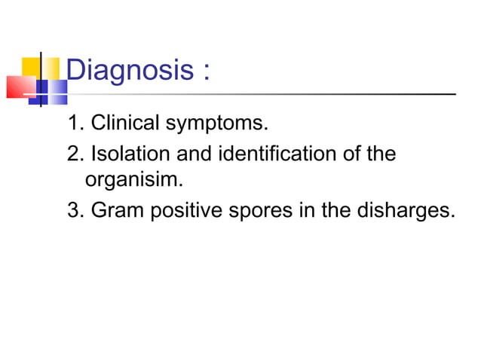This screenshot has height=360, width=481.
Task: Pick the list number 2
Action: (73, 154)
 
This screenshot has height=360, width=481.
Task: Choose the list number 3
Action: (73, 209)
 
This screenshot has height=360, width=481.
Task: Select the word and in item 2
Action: (192, 154)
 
